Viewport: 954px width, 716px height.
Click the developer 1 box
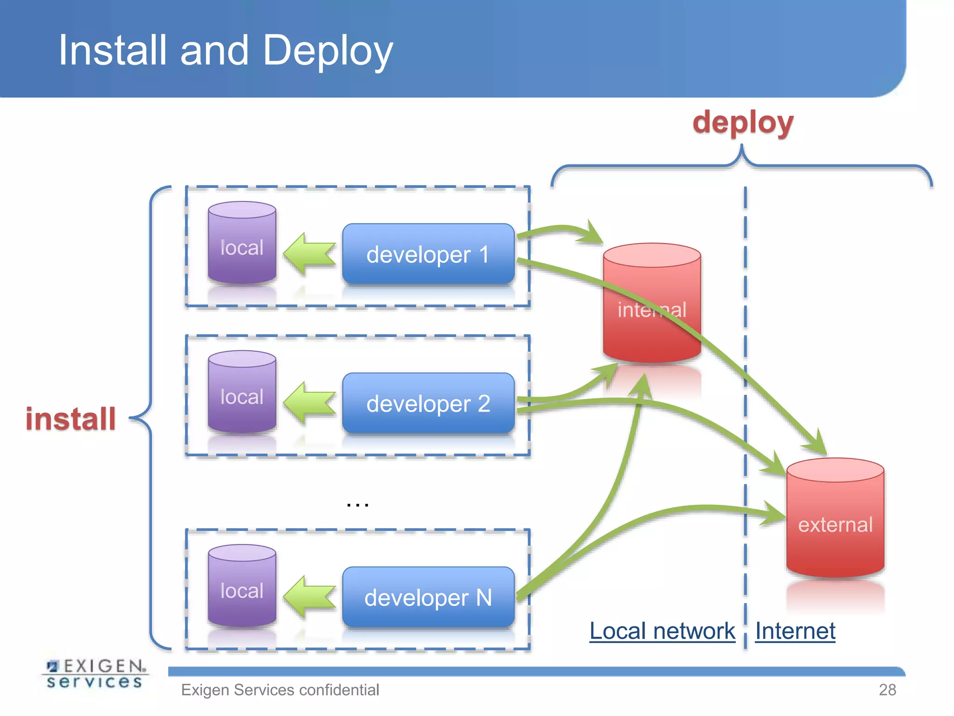[428, 254]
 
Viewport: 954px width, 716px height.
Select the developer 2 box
[428, 403]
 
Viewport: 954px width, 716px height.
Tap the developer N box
[428, 597]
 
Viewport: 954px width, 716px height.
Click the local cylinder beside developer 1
[242, 245]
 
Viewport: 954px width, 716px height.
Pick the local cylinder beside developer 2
[242, 394]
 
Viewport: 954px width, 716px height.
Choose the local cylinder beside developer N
[242, 588]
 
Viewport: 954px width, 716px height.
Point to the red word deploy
[743, 123]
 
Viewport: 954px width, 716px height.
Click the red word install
[71, 419]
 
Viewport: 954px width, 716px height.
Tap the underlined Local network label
[662, 631]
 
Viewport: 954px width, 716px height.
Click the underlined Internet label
[795, 631]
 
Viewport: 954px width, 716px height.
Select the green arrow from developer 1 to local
[309, 255]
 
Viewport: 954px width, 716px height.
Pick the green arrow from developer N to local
[309, 597]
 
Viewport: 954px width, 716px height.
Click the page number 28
[887, 689]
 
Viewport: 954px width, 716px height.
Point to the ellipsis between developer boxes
[358, 504]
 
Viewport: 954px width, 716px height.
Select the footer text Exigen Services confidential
[280, 689]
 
